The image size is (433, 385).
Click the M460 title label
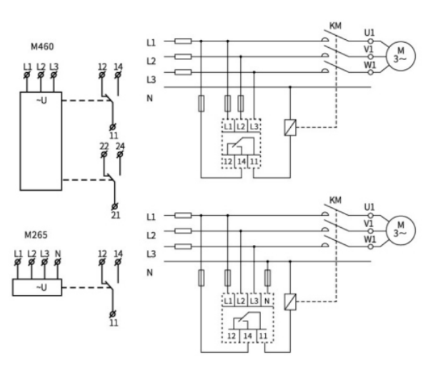[x=42, y=46]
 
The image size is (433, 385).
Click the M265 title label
[x=36, y=235]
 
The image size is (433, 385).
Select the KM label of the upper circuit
[x=336, y=26]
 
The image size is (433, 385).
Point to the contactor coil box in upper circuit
[x=290, y=127]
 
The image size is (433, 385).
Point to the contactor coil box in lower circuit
[x=290, y=301]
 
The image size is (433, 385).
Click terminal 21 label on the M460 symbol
[x=116, y=215]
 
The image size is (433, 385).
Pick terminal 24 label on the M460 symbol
[x=120, y=146]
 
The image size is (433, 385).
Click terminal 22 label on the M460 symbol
[x=104, y=146]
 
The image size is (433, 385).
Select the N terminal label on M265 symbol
[x=58, y=254]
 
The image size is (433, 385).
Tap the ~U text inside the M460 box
[x=41, y=101]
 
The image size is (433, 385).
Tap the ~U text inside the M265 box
[x=41, y=288]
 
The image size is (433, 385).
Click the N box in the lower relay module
[x=267, y=300]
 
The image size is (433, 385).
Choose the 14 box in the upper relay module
[x=242, y=161]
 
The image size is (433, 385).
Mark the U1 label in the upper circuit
[x=369, y=33]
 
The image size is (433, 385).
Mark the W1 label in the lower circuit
[x=369, y=239]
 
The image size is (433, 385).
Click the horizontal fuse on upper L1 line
[x=183, y=41]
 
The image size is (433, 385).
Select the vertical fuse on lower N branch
[x=267, y=278]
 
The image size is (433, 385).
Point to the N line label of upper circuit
[x=149, y=98]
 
